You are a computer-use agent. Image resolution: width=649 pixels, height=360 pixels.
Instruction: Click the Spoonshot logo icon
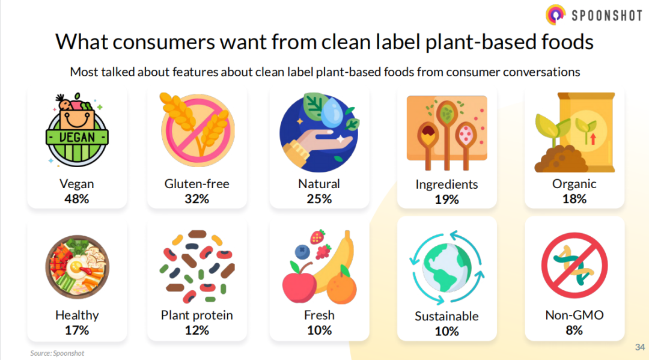click(555, 15)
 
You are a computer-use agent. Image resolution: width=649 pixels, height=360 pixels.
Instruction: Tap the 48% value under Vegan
click(76, 199)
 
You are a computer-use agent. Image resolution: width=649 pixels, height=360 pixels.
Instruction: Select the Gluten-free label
click(197, 184)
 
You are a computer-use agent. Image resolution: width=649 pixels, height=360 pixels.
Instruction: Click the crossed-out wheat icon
click(198, 130)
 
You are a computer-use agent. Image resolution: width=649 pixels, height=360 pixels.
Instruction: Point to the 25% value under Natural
click(319, 199)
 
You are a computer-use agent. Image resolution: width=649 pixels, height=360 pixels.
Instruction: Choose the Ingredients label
click(446, 185)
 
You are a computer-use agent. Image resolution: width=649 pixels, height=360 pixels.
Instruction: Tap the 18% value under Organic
click(574, 199)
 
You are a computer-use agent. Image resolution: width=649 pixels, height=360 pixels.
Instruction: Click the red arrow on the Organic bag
click(593, 139)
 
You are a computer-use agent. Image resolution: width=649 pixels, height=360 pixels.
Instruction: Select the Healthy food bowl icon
click(78, 267)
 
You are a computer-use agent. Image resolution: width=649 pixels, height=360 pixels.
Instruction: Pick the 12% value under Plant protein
click(197, 330)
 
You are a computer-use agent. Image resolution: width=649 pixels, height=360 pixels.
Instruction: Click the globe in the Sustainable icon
click(447, 267)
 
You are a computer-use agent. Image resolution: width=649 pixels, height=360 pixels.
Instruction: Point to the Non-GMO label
click(574, 316)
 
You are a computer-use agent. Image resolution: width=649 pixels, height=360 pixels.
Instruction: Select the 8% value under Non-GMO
click(574, 330)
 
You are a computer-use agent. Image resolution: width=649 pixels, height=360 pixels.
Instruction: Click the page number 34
click(640, 347)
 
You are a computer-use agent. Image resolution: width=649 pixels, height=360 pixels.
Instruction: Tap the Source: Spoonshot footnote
click(57, 353)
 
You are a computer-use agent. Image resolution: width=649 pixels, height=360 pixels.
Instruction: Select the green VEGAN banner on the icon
click(77, 137)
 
